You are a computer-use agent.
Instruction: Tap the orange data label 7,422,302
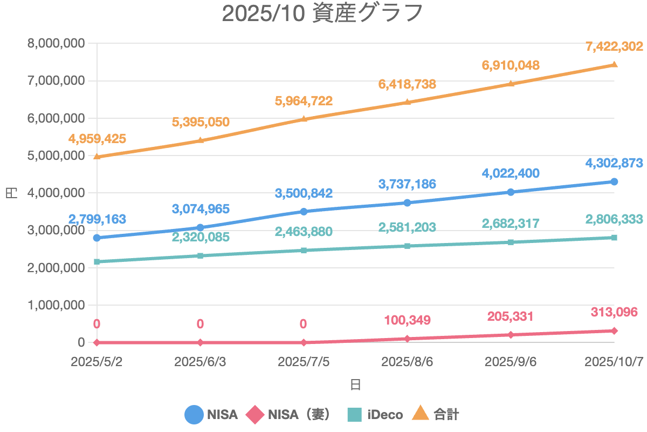tap(614, 46)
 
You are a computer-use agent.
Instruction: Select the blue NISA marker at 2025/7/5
tap(304, 212)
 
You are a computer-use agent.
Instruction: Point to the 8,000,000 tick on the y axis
tap(56, 43)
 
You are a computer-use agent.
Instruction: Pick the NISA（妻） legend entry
tap(288, 414)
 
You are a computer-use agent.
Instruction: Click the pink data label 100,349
tap(407, 320)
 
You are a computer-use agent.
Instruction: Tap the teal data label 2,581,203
tap(407, 227)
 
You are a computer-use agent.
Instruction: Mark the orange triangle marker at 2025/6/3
tap(201, 140)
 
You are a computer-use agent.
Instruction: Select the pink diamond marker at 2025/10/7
tap(614, 330)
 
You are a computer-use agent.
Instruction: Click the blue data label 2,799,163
tap(97, 219)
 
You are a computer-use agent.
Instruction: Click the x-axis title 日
tap(355, 384)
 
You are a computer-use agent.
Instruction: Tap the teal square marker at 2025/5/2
tap(97, 262)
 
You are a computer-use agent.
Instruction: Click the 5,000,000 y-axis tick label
tap(56, 156)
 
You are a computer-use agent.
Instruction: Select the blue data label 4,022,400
tap(511, 173)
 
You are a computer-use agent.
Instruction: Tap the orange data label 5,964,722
tap(304, 100)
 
